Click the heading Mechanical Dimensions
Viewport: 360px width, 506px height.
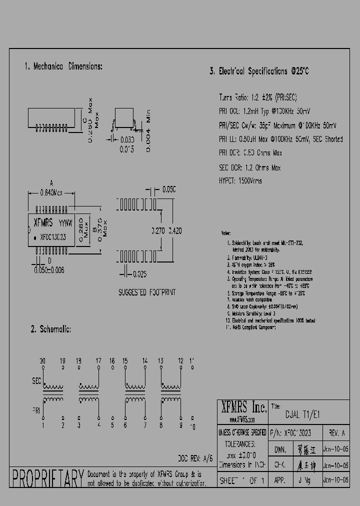tap(63, 66)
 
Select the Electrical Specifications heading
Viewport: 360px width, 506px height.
tap(259, 71)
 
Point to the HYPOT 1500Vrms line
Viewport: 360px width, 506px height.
tap(240, 181)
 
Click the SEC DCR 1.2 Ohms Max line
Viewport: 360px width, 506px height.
tap(249, 167)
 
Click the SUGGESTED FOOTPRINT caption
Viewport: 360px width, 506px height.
tap(147, 292)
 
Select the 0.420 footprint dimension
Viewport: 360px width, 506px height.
tap(175, 231)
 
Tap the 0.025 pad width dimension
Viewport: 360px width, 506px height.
tap(140, 273)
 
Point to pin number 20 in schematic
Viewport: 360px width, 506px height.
tap(43, 360)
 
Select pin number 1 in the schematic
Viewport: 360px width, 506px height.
tap(43, 425)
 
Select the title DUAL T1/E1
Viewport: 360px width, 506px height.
tap(302, 414)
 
